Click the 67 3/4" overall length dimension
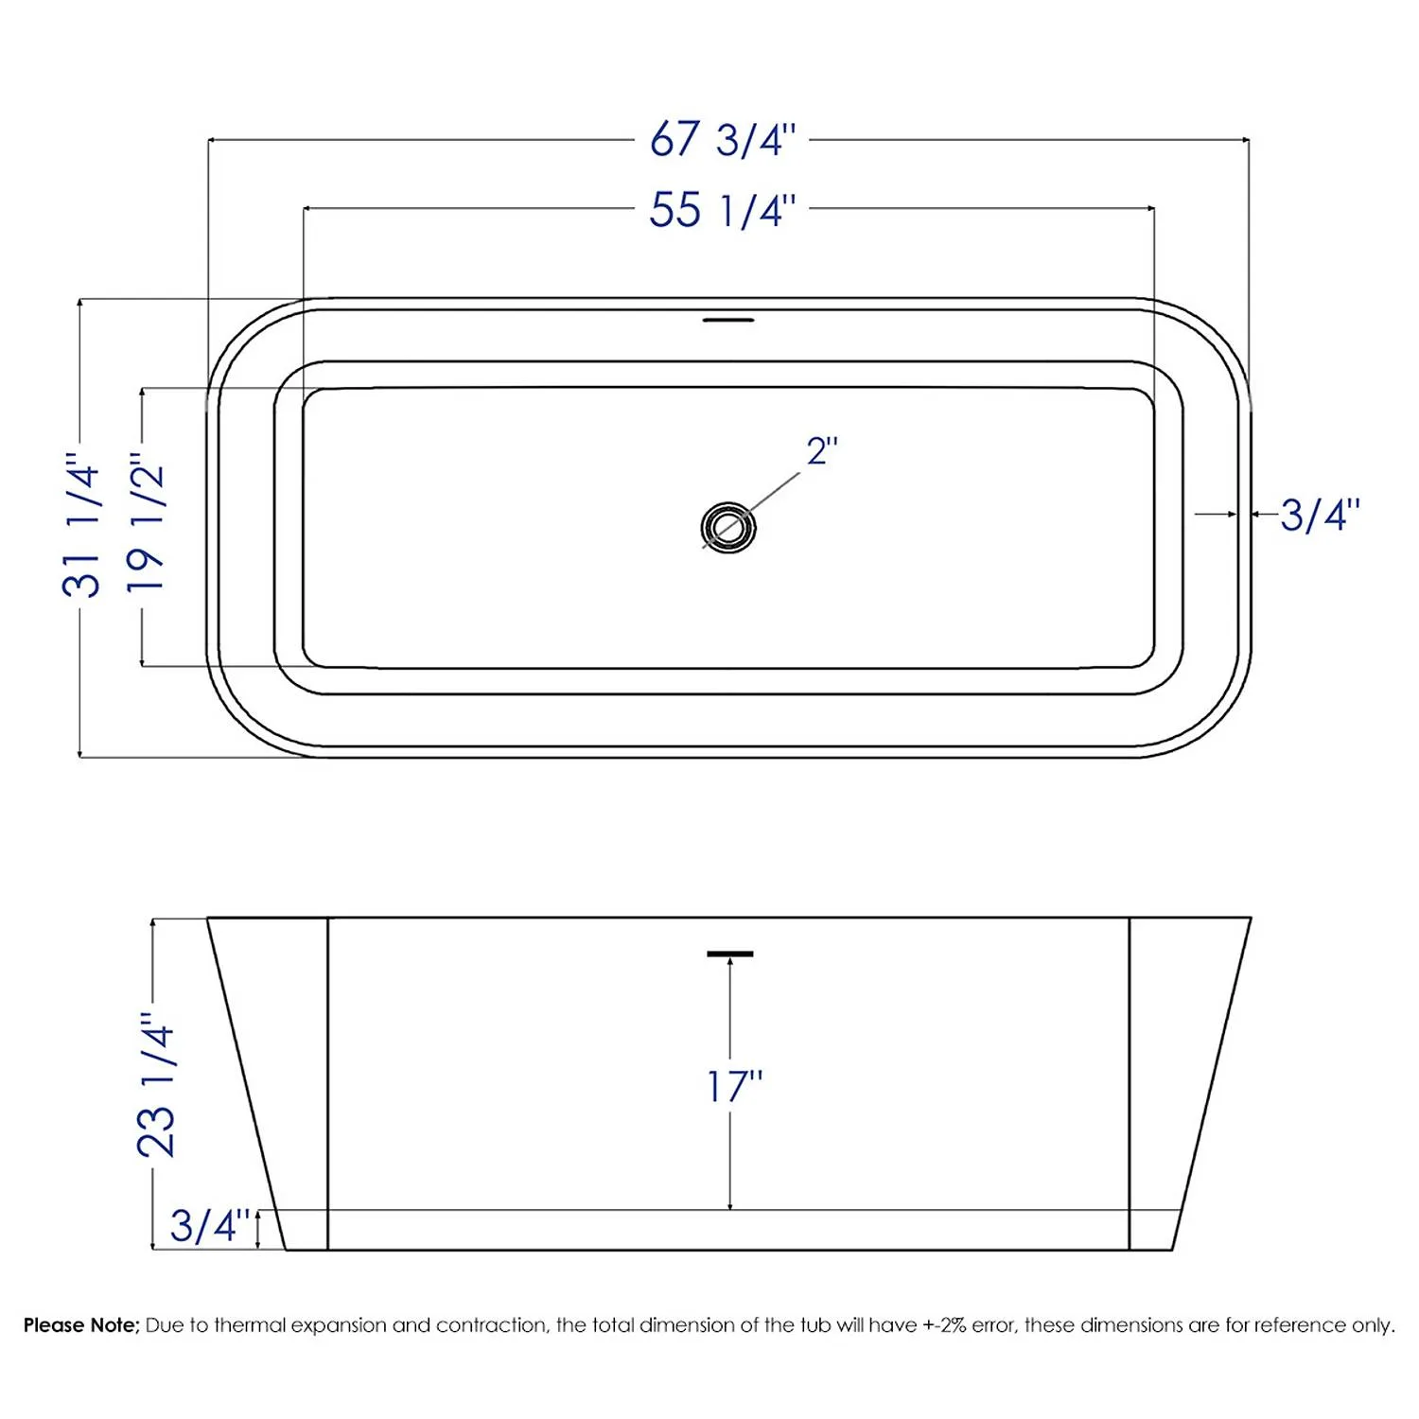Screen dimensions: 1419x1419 (x=723, y=140)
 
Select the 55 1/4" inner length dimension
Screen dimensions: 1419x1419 (x=723, y=209)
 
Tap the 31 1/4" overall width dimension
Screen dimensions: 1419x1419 (x=81, y=530)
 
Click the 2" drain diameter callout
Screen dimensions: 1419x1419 (x=822, y=451)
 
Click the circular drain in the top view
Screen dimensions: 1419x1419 (x=727, y=527)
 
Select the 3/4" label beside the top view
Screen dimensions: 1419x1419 (x=1320, y=516)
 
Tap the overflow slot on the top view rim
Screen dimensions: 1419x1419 (x=727, y=320)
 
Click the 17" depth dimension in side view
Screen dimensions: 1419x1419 (x=735, y=1086)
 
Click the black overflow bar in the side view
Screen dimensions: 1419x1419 (x=729, y=954)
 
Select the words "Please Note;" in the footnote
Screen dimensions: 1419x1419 (x=81, y=1325)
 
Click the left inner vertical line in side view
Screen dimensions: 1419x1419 (x=327, y=1083)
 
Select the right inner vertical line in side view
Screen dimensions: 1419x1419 (x=1130, y=1083)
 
